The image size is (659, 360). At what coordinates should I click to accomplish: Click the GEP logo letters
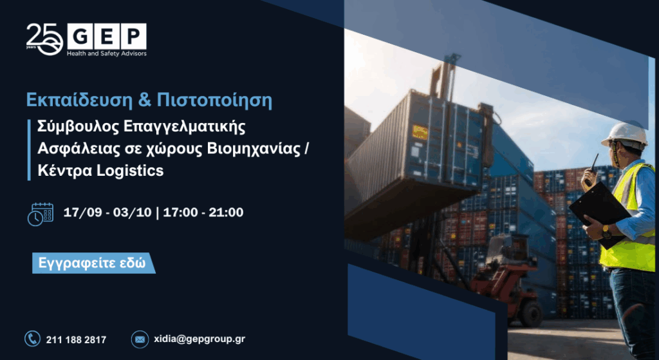point(107,36)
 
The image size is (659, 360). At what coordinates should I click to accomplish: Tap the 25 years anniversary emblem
point(44,39)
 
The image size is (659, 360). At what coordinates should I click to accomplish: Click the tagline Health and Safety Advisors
point(107,53)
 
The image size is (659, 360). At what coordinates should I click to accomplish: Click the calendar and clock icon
point(41,214)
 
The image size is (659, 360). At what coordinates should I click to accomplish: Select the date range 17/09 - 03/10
point(107,213)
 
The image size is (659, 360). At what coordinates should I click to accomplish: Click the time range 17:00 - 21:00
point(203,213)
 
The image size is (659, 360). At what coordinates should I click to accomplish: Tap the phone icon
point(32,339)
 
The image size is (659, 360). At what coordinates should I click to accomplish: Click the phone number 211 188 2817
point(76,339)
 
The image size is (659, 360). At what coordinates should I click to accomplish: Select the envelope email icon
point(140,339)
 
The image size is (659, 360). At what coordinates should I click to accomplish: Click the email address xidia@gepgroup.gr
point(200,339)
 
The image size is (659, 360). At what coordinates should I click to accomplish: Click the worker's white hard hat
point(625,135)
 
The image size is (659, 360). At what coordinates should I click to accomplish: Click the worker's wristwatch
point(606,232)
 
